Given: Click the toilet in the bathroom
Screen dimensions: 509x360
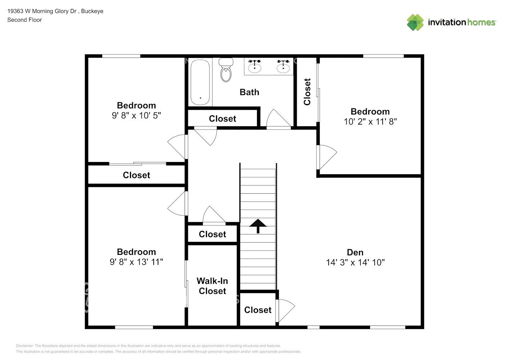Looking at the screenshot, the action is coord(226,69).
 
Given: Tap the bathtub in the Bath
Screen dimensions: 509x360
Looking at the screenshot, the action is coord(200,82).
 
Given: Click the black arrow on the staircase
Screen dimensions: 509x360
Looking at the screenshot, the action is coord(258,226).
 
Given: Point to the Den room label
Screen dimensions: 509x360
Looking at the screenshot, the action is coord(355,252).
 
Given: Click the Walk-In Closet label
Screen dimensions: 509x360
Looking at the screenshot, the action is coord(212,286).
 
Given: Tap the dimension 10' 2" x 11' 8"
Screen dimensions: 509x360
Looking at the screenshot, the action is coord(370,122).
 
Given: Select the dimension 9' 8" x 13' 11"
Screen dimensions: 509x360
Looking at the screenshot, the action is coord(136,262).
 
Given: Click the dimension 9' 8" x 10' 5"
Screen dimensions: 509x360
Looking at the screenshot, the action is coord(136,116).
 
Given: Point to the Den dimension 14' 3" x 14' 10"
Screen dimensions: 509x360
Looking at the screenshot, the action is coord(355,262).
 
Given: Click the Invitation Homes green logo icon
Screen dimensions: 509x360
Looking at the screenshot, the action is coord(415,22).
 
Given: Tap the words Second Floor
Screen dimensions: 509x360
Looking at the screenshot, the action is coord(24,20).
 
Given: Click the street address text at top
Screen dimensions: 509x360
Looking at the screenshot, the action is coord(55,11).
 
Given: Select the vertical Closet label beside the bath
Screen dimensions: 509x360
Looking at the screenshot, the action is coord(307,92).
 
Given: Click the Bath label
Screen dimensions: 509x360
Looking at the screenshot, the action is coord(249,92).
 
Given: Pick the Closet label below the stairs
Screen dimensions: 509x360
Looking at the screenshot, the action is coord(258,310).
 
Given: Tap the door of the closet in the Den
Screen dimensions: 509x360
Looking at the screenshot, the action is coord(285,310).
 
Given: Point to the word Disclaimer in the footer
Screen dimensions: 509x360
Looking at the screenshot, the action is coord(24,346).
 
